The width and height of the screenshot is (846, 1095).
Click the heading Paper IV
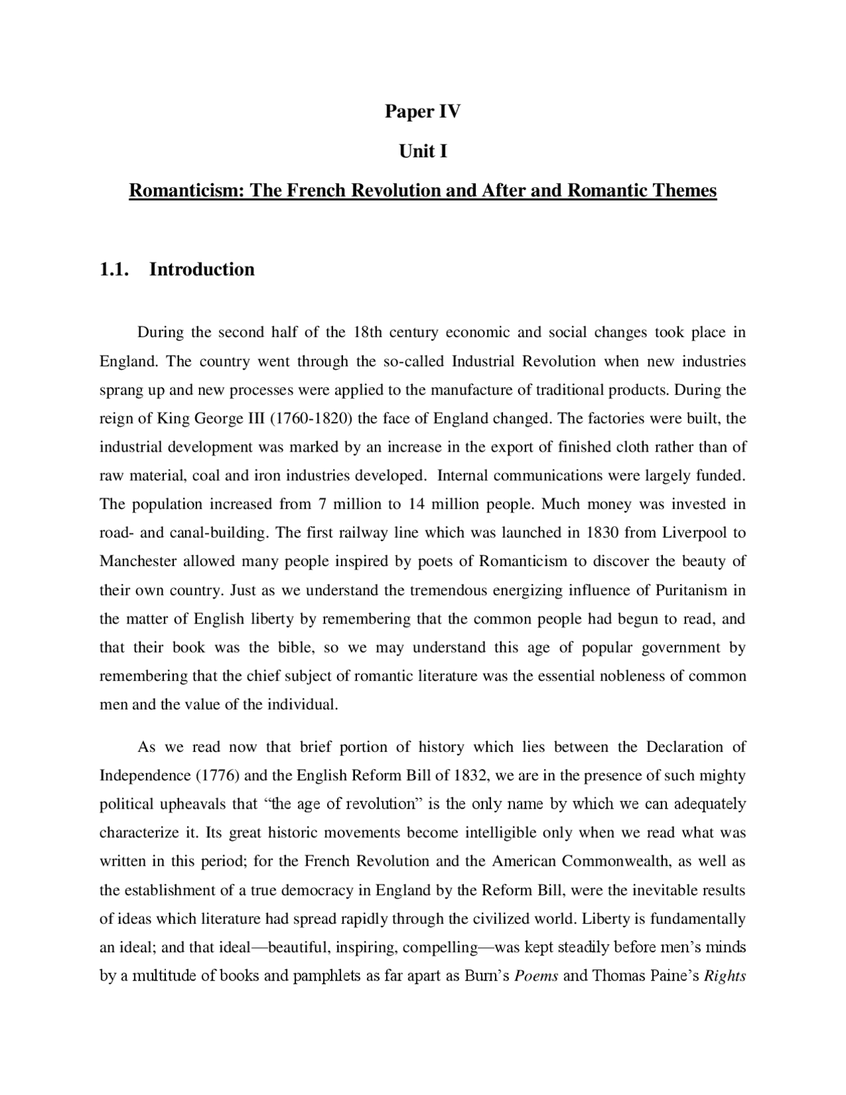click(x=422, y=112)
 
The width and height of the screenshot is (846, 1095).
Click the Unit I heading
click(x=422, y=151)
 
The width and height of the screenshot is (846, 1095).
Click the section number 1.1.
click(x=113, y=269)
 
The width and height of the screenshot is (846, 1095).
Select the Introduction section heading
click(x=202, y=269)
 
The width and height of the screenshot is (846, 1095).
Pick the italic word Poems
click(x=536, y=976)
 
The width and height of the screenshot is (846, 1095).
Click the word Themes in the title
click(x=684, y=191)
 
